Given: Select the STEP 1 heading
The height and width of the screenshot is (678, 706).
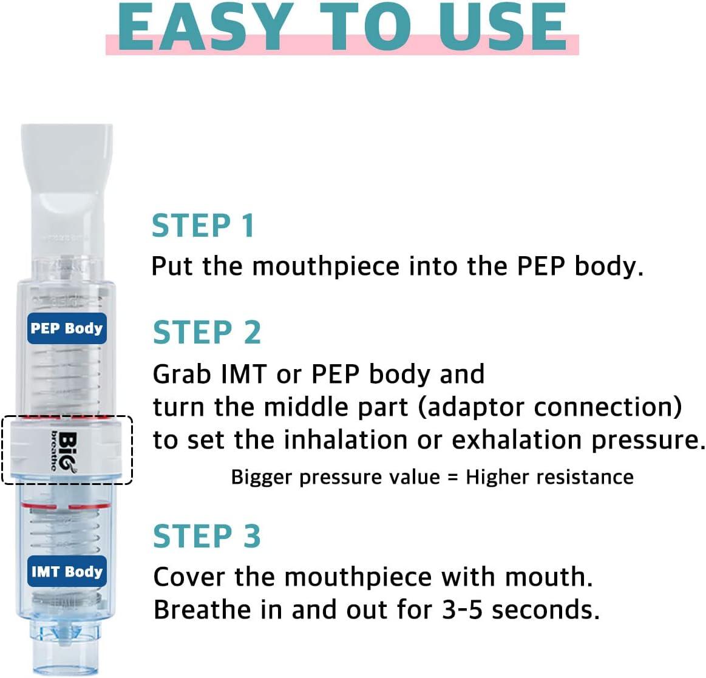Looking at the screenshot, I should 203,226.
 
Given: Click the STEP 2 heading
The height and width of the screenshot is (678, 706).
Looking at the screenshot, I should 206,333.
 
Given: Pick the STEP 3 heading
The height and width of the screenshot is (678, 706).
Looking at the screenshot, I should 206,537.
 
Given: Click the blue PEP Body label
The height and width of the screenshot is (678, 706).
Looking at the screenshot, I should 67,328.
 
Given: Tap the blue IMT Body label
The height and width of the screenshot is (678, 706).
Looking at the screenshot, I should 67,571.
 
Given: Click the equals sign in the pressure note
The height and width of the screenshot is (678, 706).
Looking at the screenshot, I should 452,477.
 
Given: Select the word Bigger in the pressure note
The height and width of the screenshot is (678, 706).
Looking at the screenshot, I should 262,478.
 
